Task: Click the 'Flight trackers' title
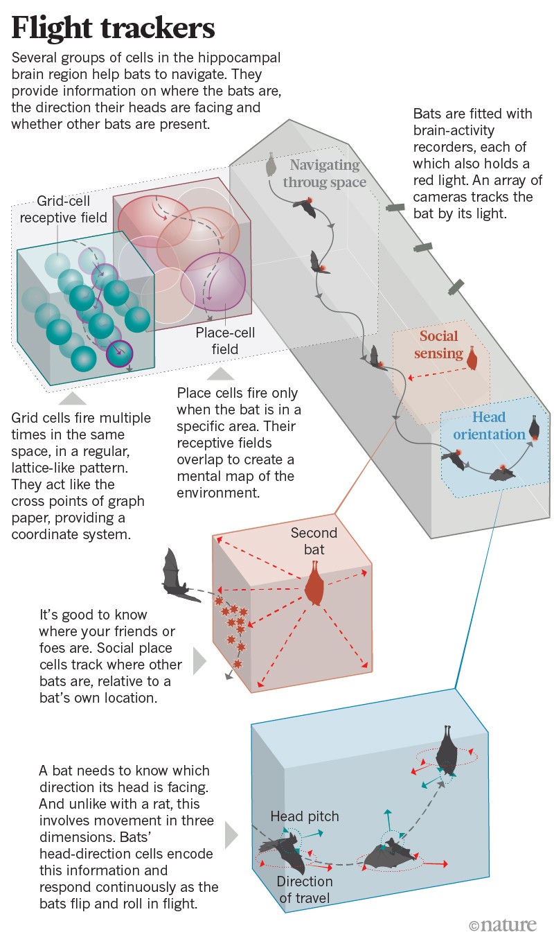(114, 28)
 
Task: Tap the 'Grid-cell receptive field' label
(64, 209)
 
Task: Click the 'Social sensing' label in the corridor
(439, 344)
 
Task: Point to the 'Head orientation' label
(490, 425)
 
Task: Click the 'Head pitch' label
(305, 816)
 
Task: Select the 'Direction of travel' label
(305, 890)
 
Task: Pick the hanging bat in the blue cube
(447, 751)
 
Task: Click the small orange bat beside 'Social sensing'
(473, 358)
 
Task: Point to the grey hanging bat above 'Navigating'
(271, 165)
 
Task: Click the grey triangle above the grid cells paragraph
(73, 398)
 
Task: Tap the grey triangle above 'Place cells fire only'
(222, 374)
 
